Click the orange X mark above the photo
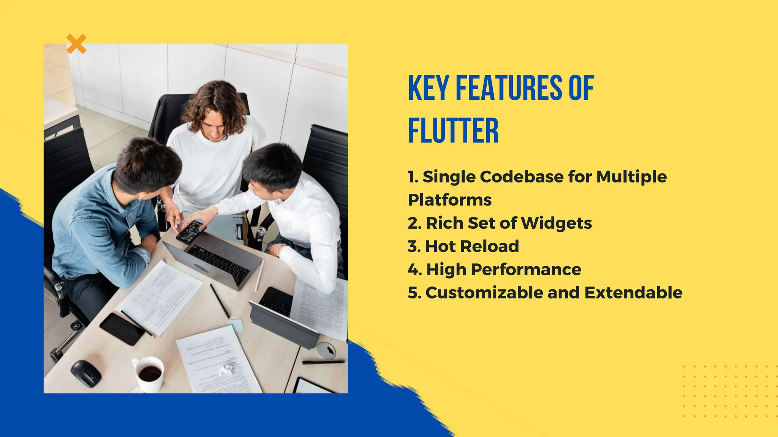coord(76,44)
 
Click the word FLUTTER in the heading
coord(453,131)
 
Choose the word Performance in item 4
coord(526,270)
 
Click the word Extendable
coord(633,293)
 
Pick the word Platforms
coord(449,200)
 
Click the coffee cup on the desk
coord(149,373)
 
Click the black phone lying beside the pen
coord(122,329)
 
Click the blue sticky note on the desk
coord(236,324)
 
